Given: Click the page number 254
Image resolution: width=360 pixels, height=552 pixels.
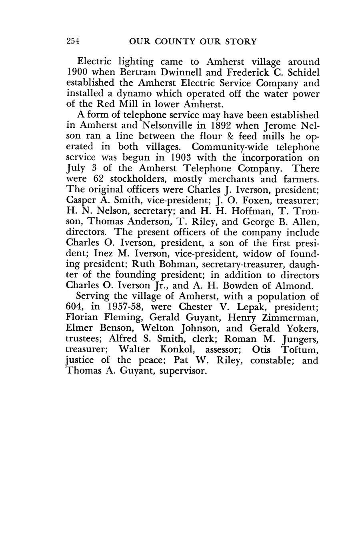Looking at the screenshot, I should [x=73, y=41].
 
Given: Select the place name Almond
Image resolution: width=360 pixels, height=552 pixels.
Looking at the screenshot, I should [x=294, y=286].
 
